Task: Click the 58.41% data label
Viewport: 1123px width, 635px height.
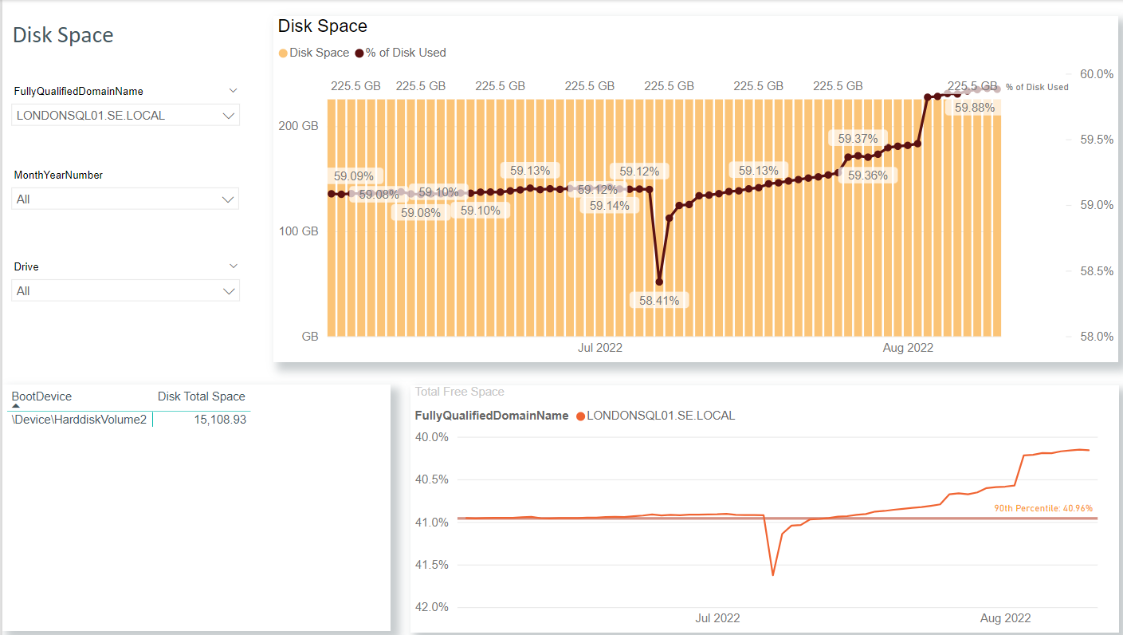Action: (659, 301)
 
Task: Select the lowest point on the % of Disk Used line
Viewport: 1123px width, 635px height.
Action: (659, 282)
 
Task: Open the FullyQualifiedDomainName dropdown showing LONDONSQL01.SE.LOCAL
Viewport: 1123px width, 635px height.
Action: (126, 116)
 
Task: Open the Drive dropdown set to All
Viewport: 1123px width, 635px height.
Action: (126, 291)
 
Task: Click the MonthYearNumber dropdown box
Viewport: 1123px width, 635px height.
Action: (126, 199)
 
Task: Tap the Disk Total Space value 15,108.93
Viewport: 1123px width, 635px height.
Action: (220, 420)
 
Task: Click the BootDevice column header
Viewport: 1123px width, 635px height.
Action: (41, 396)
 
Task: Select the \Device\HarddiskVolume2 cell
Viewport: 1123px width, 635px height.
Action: (80, 420)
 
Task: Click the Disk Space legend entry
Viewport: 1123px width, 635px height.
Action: (314, 53)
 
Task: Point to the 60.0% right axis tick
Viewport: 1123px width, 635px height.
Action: (1096, 74)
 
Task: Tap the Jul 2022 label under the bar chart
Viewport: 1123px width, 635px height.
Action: (599, 348)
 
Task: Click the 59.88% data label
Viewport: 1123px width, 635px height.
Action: (974, 108)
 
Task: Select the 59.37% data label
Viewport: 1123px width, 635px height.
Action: (858, 139)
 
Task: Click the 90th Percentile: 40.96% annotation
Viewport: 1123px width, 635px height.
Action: (1043, 508)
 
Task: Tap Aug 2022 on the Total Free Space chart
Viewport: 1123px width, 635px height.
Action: (1005, 618)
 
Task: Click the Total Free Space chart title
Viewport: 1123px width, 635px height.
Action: (459, 392)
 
